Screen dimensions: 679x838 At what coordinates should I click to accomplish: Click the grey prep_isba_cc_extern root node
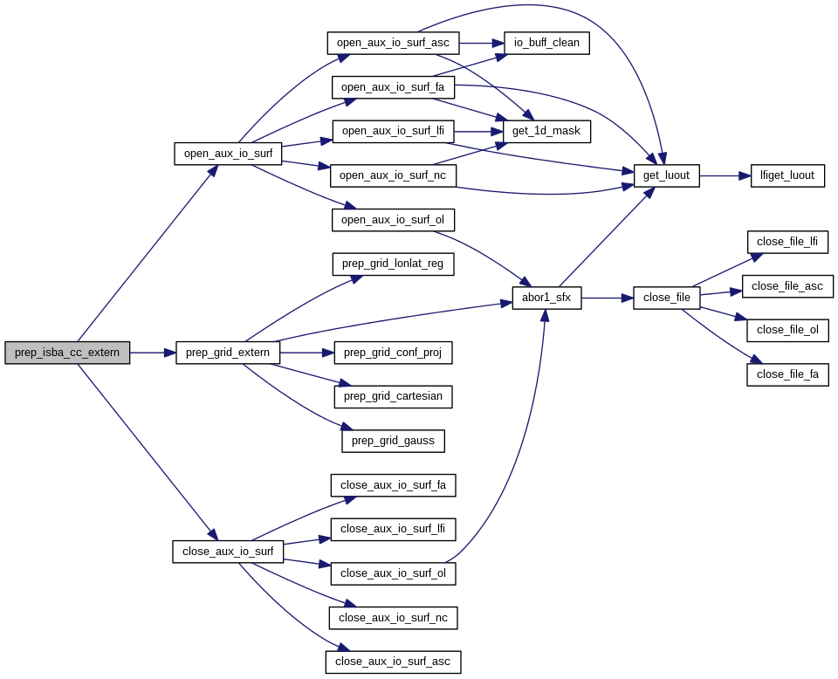click(67, 353)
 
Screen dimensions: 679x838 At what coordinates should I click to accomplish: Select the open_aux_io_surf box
click(228, 154)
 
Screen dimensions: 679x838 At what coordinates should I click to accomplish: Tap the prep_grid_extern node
click(229, 353)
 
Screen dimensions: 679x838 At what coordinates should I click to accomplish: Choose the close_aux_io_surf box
click(228, 552)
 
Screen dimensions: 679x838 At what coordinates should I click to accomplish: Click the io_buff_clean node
click(546, 43)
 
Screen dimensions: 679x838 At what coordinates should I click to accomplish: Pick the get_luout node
click(666, 175)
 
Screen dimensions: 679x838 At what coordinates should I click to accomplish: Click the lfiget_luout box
click(787, 175)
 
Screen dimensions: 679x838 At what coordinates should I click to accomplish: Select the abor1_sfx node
click(546, 298)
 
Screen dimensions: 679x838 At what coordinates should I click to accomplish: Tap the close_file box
click(667, 298)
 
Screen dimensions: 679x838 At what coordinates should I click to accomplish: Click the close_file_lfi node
click(787, 242)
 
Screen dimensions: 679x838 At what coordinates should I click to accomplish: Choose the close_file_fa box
click(787, 374)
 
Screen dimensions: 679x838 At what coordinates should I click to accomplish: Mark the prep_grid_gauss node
click(393, 441)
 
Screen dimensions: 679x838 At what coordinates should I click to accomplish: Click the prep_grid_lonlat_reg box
click(393, 264)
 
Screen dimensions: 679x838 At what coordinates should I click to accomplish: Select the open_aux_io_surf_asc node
click(394, 43)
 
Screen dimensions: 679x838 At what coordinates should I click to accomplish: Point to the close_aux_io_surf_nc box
click(393, 618)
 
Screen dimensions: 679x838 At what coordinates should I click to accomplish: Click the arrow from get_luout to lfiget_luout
click(725, 175)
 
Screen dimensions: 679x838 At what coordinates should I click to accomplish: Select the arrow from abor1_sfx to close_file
click(607, 298)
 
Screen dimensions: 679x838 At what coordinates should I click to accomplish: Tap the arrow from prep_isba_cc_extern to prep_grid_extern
click(153, 353)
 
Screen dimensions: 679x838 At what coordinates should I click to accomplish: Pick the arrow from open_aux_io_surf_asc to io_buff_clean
click(481, 43)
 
